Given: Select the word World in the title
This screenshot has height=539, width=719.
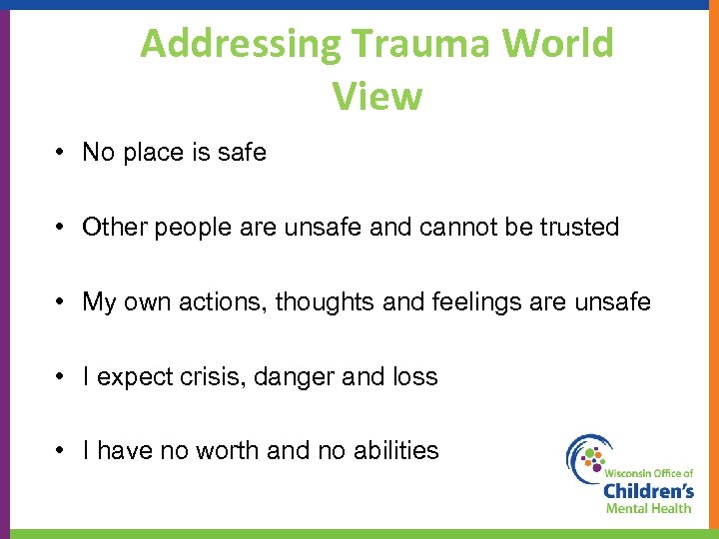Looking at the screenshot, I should coord(559,44).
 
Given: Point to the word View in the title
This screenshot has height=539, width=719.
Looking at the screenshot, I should coord(377,97).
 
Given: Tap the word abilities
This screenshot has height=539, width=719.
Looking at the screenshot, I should coord(395,451).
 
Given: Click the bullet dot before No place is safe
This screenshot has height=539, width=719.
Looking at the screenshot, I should coord(62,153).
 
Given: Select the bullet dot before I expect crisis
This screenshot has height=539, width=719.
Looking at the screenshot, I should coord(62,376).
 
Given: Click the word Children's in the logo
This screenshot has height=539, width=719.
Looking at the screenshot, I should coord(648,489).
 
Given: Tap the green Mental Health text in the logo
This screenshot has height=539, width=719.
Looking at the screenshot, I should coord(648,508).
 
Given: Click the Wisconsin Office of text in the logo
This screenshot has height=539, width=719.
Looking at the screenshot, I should coord(648,470).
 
